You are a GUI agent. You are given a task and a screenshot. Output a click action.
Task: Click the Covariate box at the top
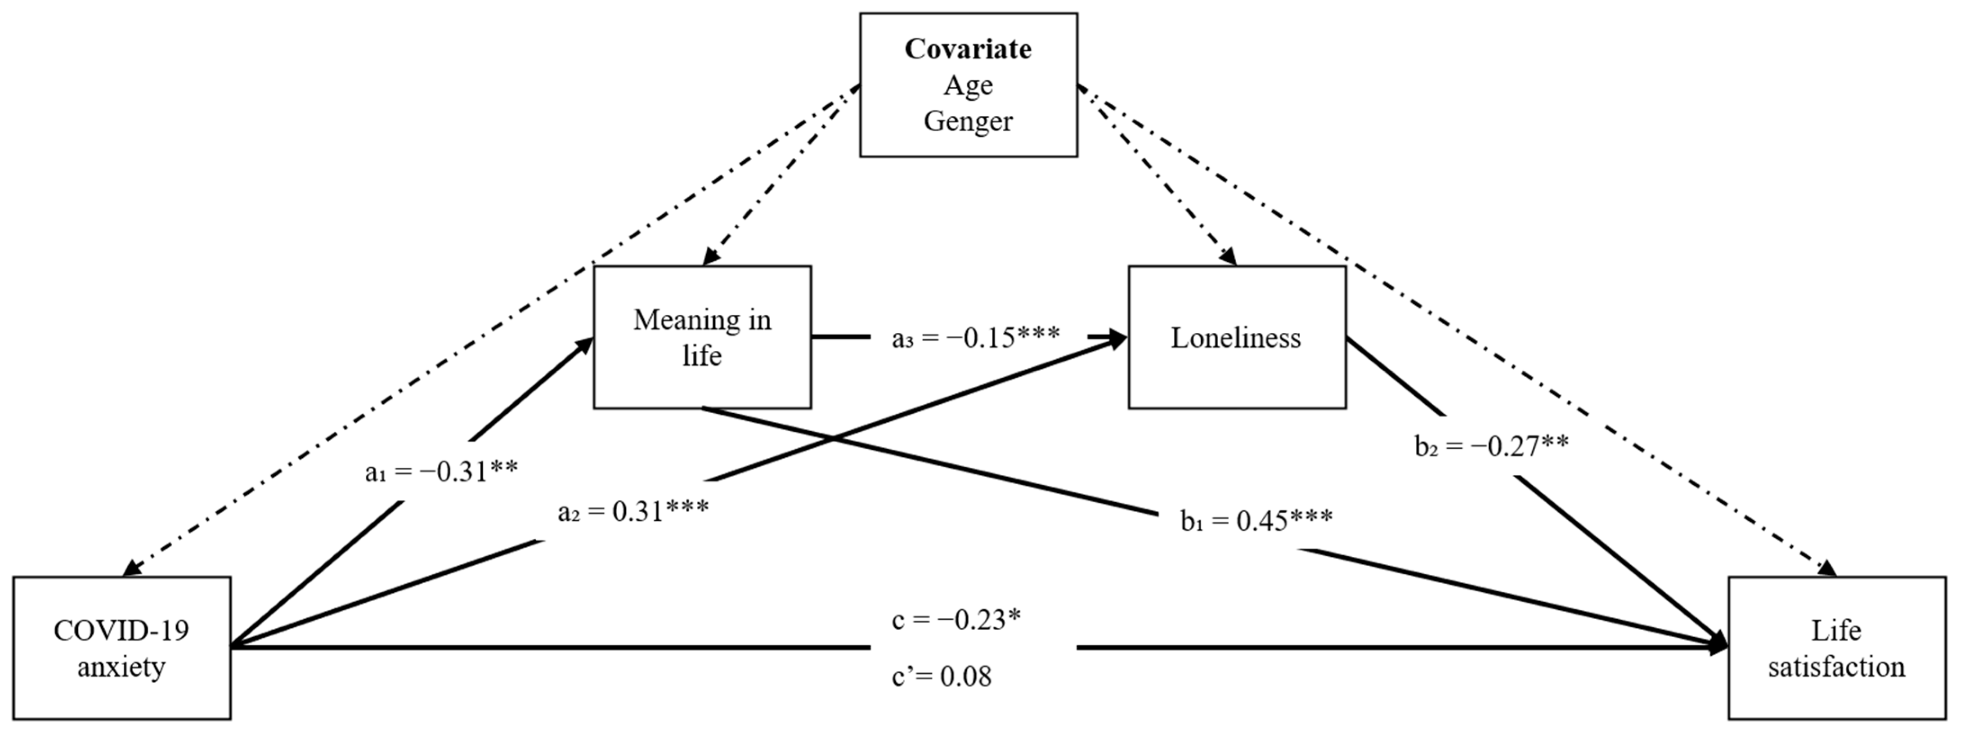968,85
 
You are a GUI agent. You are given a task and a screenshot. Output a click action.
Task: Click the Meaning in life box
702,337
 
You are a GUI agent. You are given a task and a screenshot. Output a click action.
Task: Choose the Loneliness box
1237,337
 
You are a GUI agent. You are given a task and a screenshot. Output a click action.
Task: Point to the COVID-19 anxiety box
121,648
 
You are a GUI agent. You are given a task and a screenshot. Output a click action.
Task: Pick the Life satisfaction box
1836,648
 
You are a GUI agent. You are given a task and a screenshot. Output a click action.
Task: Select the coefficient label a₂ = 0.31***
633,511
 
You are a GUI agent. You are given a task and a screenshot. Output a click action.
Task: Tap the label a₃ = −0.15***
976,337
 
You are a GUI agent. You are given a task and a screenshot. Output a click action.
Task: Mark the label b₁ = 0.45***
1256,520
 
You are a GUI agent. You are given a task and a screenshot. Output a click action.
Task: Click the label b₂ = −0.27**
1491,446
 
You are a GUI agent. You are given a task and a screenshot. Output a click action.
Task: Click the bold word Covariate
968,49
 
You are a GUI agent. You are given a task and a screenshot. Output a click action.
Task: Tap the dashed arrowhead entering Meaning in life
710,257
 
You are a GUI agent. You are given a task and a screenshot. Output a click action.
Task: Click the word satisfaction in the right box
1836,666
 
